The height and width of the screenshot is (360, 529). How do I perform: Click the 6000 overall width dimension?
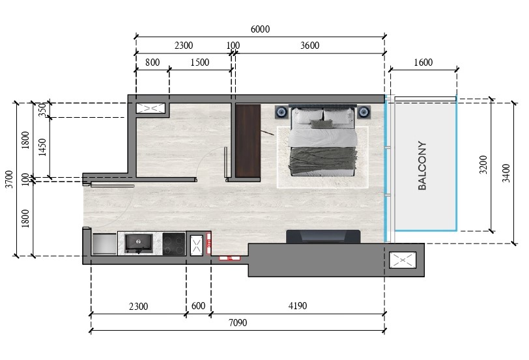[x=260, y=29]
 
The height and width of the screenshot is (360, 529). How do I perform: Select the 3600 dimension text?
[x=309, y=46]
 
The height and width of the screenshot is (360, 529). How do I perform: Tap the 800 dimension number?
[x=152, y=62]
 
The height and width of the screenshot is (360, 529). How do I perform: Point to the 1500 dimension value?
[x=199, y=62]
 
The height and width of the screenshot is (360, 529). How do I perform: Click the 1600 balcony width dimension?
[x=423, y=62]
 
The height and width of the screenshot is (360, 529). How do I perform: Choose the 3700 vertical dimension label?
[x=8, y=178]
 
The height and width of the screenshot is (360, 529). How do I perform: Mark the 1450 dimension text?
[x=42, y=147]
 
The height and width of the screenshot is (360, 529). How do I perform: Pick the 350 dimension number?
[x=42, y=109]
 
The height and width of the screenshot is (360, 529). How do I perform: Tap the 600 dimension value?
[x=198, y=306]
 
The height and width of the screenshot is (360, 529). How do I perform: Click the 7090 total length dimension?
[x=237, y=322]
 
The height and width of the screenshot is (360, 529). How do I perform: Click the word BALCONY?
[x=422, y=165]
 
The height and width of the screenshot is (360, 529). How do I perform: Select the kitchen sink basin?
[x=139, y=243]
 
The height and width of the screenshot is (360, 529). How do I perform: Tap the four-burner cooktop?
[x=174, y=243]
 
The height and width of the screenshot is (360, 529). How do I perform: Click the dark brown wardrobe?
[x=248, y=140]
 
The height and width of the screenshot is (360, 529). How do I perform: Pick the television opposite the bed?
[x=323, y=236]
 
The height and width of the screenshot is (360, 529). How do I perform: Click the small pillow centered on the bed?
[x=317, y=123]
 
